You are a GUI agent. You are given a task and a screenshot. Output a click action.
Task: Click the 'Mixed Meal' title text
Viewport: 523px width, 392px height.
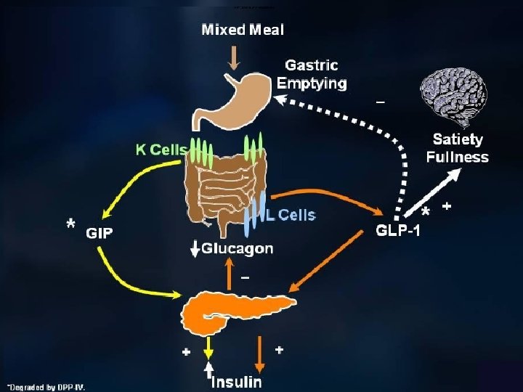pos(242,30)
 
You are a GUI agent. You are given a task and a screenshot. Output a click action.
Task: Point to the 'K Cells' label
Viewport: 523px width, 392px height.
pos(161,150)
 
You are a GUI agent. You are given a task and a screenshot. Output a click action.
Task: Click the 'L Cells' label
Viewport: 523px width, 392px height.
pos(291,215)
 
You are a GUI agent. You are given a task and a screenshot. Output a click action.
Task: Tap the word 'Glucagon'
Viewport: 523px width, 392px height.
pos(238,248)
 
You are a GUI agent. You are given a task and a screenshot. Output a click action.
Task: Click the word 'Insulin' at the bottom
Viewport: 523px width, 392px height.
pos(236,381)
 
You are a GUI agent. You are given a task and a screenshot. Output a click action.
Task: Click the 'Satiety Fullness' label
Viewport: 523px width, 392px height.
pos(457,147)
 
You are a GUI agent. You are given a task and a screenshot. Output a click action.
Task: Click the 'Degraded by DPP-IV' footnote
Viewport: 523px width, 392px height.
pos(46,386)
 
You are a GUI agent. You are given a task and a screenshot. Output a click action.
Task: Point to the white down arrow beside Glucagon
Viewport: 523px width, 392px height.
pos(194,249)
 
